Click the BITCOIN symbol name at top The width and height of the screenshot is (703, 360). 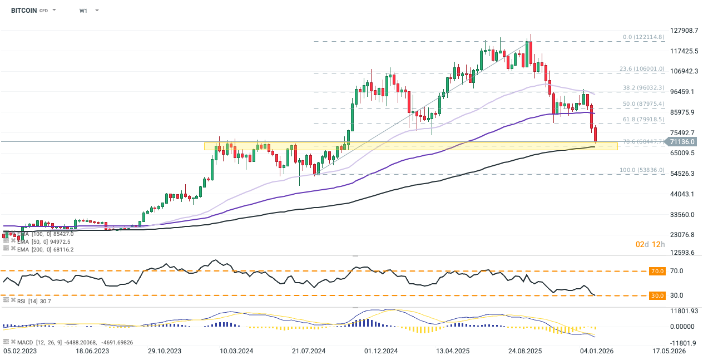[24, 11]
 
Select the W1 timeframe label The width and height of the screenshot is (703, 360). [83, 11]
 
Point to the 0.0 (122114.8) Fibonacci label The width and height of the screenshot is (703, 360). [643, 37]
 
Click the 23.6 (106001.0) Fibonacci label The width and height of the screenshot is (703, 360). [642, 69]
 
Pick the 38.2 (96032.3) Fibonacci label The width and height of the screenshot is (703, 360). [643, 88]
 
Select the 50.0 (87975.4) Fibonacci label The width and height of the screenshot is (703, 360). [643, 104]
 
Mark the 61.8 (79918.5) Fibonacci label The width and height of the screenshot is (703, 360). [643, 120]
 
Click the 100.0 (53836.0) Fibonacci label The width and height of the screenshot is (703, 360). [642, 170]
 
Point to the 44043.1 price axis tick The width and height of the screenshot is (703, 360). [682, 194]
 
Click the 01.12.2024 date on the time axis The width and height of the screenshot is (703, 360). [381, 352]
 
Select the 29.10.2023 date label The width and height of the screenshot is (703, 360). [165, 352]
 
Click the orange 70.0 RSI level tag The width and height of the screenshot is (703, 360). [657, 271]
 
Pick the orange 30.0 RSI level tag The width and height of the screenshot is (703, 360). [657, 295]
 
